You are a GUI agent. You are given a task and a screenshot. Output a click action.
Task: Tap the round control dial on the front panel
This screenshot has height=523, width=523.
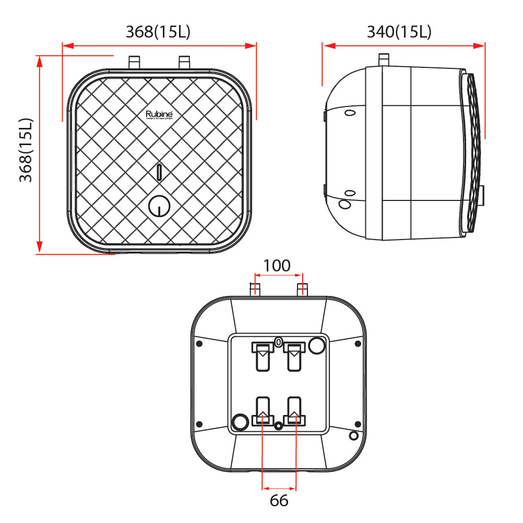pos(158,207)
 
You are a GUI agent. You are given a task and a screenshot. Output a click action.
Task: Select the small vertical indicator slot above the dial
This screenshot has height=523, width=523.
pos(159,172)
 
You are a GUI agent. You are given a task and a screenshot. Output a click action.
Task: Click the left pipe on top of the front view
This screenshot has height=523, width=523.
pos(134,62)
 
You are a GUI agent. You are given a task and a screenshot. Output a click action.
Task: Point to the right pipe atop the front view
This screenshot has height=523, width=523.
pos(184,62)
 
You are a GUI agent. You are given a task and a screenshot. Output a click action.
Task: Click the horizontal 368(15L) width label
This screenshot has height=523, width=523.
pos(158,32)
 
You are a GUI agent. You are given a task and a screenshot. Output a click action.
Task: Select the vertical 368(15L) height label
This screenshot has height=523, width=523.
pos(26,150)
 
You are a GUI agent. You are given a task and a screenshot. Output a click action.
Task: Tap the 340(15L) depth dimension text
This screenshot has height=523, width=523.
pos(399,32)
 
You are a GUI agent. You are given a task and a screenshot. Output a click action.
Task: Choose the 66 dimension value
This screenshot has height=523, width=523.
pos(279,501)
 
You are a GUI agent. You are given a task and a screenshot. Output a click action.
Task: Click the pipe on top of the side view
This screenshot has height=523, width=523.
pos(384,59)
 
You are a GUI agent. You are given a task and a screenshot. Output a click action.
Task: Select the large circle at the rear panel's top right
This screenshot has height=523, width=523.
pos(316,345)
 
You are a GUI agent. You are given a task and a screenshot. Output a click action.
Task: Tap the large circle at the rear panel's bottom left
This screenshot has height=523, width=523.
pos(240,421)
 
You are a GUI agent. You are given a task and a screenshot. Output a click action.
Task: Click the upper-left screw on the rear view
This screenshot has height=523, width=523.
pos(199,343)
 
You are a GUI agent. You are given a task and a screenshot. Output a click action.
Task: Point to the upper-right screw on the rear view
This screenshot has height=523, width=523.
pos(358,343)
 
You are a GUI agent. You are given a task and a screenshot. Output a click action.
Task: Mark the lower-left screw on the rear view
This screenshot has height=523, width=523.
pos(199,424)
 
